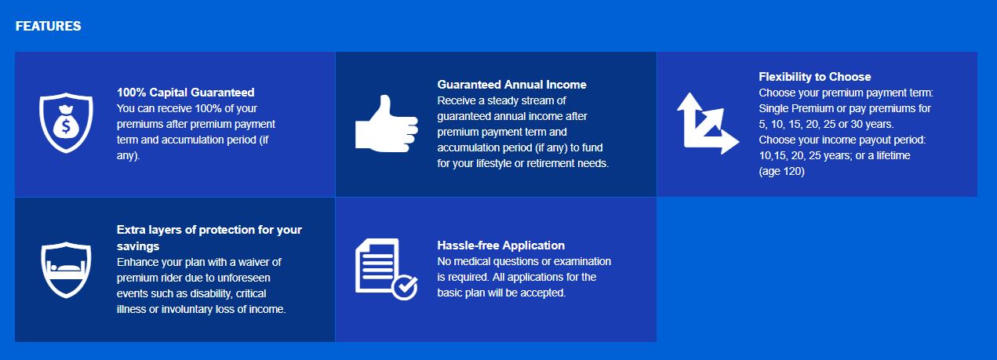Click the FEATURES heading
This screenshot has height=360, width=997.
click(x=48, y=26)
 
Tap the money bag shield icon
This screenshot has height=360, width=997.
click(x=66, y=123)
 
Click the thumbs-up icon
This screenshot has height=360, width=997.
click(x=387, y=123)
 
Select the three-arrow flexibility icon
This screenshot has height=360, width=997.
click(x=708, y=123)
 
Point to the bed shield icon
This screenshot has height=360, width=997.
click(x=66, y=270)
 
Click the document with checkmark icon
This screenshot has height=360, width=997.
click(x=387, y=269)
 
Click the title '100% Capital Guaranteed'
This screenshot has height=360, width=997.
click(x=186, y=93)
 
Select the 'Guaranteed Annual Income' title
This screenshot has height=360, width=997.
click(x=512, y=85)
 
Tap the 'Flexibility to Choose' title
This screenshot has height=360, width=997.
click(x=815, y=77)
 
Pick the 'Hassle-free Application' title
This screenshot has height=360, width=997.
click(x=500, y=245)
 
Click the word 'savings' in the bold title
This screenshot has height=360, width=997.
click(x=138, y=246)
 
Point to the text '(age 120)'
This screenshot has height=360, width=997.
click(x=781, y=171)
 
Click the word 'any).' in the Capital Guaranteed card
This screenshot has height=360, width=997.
click(x=128, y=156)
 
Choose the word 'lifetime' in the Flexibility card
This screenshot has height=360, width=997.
click(x=893, y=155)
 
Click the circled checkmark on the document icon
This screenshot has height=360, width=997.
click(x=405, y=286)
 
